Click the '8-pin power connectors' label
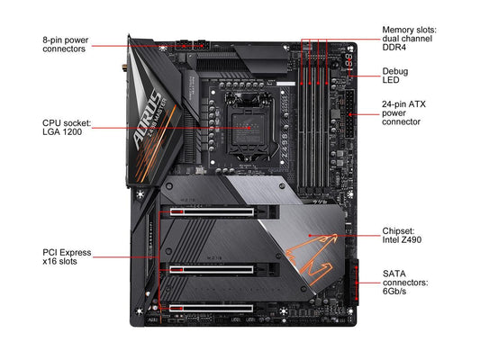65,44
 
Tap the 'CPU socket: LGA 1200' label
67,128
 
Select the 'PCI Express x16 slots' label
67,256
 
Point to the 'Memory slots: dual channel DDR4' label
409,39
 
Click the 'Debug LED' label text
395,76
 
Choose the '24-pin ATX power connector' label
403,112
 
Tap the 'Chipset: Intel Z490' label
402,235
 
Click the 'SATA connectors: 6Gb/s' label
405,282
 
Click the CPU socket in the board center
248,127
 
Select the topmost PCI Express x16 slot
212,211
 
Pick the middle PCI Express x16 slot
212,269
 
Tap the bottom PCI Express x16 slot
212,308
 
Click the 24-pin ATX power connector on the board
349,114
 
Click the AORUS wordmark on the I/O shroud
149,120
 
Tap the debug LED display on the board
349,60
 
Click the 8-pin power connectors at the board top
193,46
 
